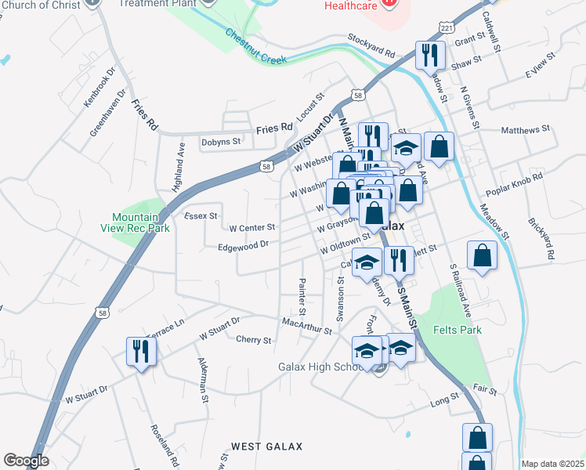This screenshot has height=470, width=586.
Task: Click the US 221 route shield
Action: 445,27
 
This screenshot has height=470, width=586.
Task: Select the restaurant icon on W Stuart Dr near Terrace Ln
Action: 142,352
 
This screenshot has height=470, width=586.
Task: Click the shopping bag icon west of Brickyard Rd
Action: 483,257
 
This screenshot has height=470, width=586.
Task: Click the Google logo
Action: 26,461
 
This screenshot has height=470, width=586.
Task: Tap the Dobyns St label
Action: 222,142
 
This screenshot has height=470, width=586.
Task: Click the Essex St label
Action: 199,215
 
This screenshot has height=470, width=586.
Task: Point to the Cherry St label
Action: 253,340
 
